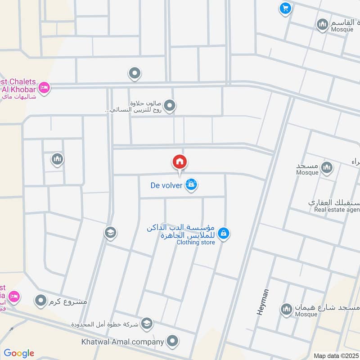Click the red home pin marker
coord(180,162)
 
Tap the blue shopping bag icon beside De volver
coord(191,184)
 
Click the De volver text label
coord(167,185)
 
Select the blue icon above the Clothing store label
coord(223,233)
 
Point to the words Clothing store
coord(196,242)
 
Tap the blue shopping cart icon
coord(285,8)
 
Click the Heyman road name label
coord(264,301)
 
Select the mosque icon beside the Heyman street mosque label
coord(286,309)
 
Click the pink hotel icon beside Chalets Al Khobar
coord(44,87)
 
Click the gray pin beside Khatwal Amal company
coord(171,341)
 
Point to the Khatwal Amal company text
coord(122,342)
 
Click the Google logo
coord(19,353)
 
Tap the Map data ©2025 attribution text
coord(335,356)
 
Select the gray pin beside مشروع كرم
coord(41,300)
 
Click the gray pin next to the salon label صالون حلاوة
coord(169,106)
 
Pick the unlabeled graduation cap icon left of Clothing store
coord(109,233)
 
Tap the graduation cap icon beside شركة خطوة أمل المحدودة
coord(146,323)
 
